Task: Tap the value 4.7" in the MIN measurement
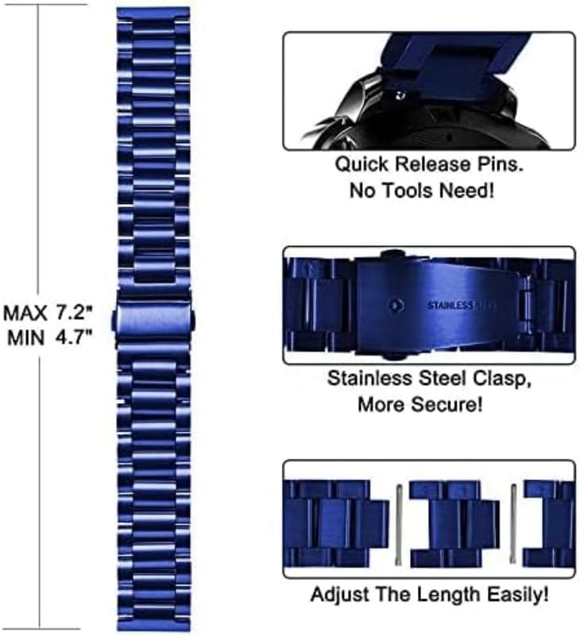point(75,337)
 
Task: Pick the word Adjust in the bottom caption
point(339,594)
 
